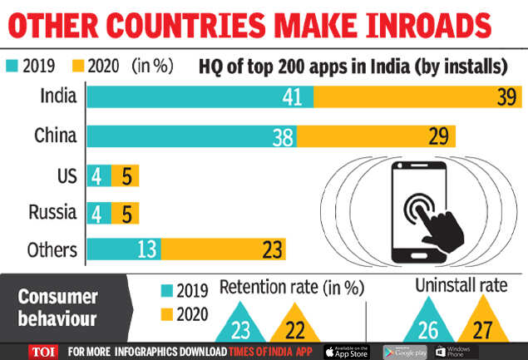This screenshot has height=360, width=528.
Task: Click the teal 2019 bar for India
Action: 200,96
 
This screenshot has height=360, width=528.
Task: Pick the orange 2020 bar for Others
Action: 223,249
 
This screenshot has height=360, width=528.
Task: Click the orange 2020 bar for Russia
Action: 125,212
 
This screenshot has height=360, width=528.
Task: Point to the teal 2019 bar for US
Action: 97,176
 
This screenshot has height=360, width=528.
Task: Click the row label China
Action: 57,136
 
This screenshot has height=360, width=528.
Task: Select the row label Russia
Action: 54,212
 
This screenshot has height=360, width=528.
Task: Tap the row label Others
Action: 52,249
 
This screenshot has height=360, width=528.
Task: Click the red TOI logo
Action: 41,350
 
